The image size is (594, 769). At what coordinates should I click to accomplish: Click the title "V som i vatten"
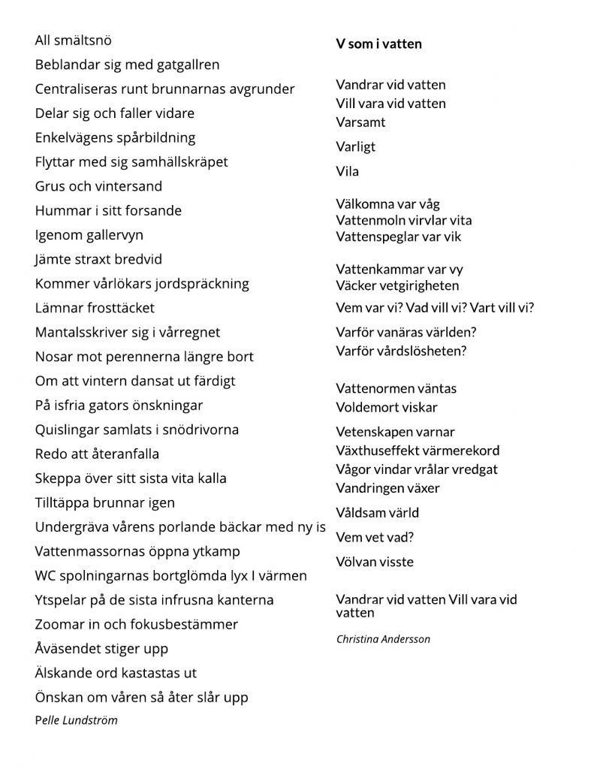378,44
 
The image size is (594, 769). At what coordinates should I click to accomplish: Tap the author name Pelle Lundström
76,720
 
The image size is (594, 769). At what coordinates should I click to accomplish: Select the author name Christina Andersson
383,639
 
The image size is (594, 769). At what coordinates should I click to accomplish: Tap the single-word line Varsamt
360,122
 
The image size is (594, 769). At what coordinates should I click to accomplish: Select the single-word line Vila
348,171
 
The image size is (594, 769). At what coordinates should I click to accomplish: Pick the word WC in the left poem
46,576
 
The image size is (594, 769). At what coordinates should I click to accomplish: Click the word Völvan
355,562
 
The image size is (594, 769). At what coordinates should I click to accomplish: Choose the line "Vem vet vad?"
375,537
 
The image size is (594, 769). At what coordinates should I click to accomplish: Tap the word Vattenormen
372,388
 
